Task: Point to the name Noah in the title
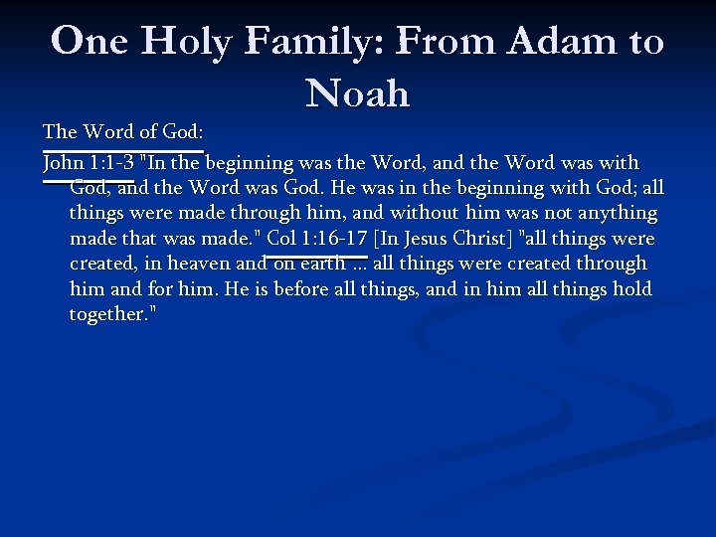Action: pos(358,93)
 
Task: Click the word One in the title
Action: pos(89,42)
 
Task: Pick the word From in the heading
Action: pos(447,42)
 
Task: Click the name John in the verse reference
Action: pos(63,162)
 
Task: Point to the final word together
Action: pos(112,314)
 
